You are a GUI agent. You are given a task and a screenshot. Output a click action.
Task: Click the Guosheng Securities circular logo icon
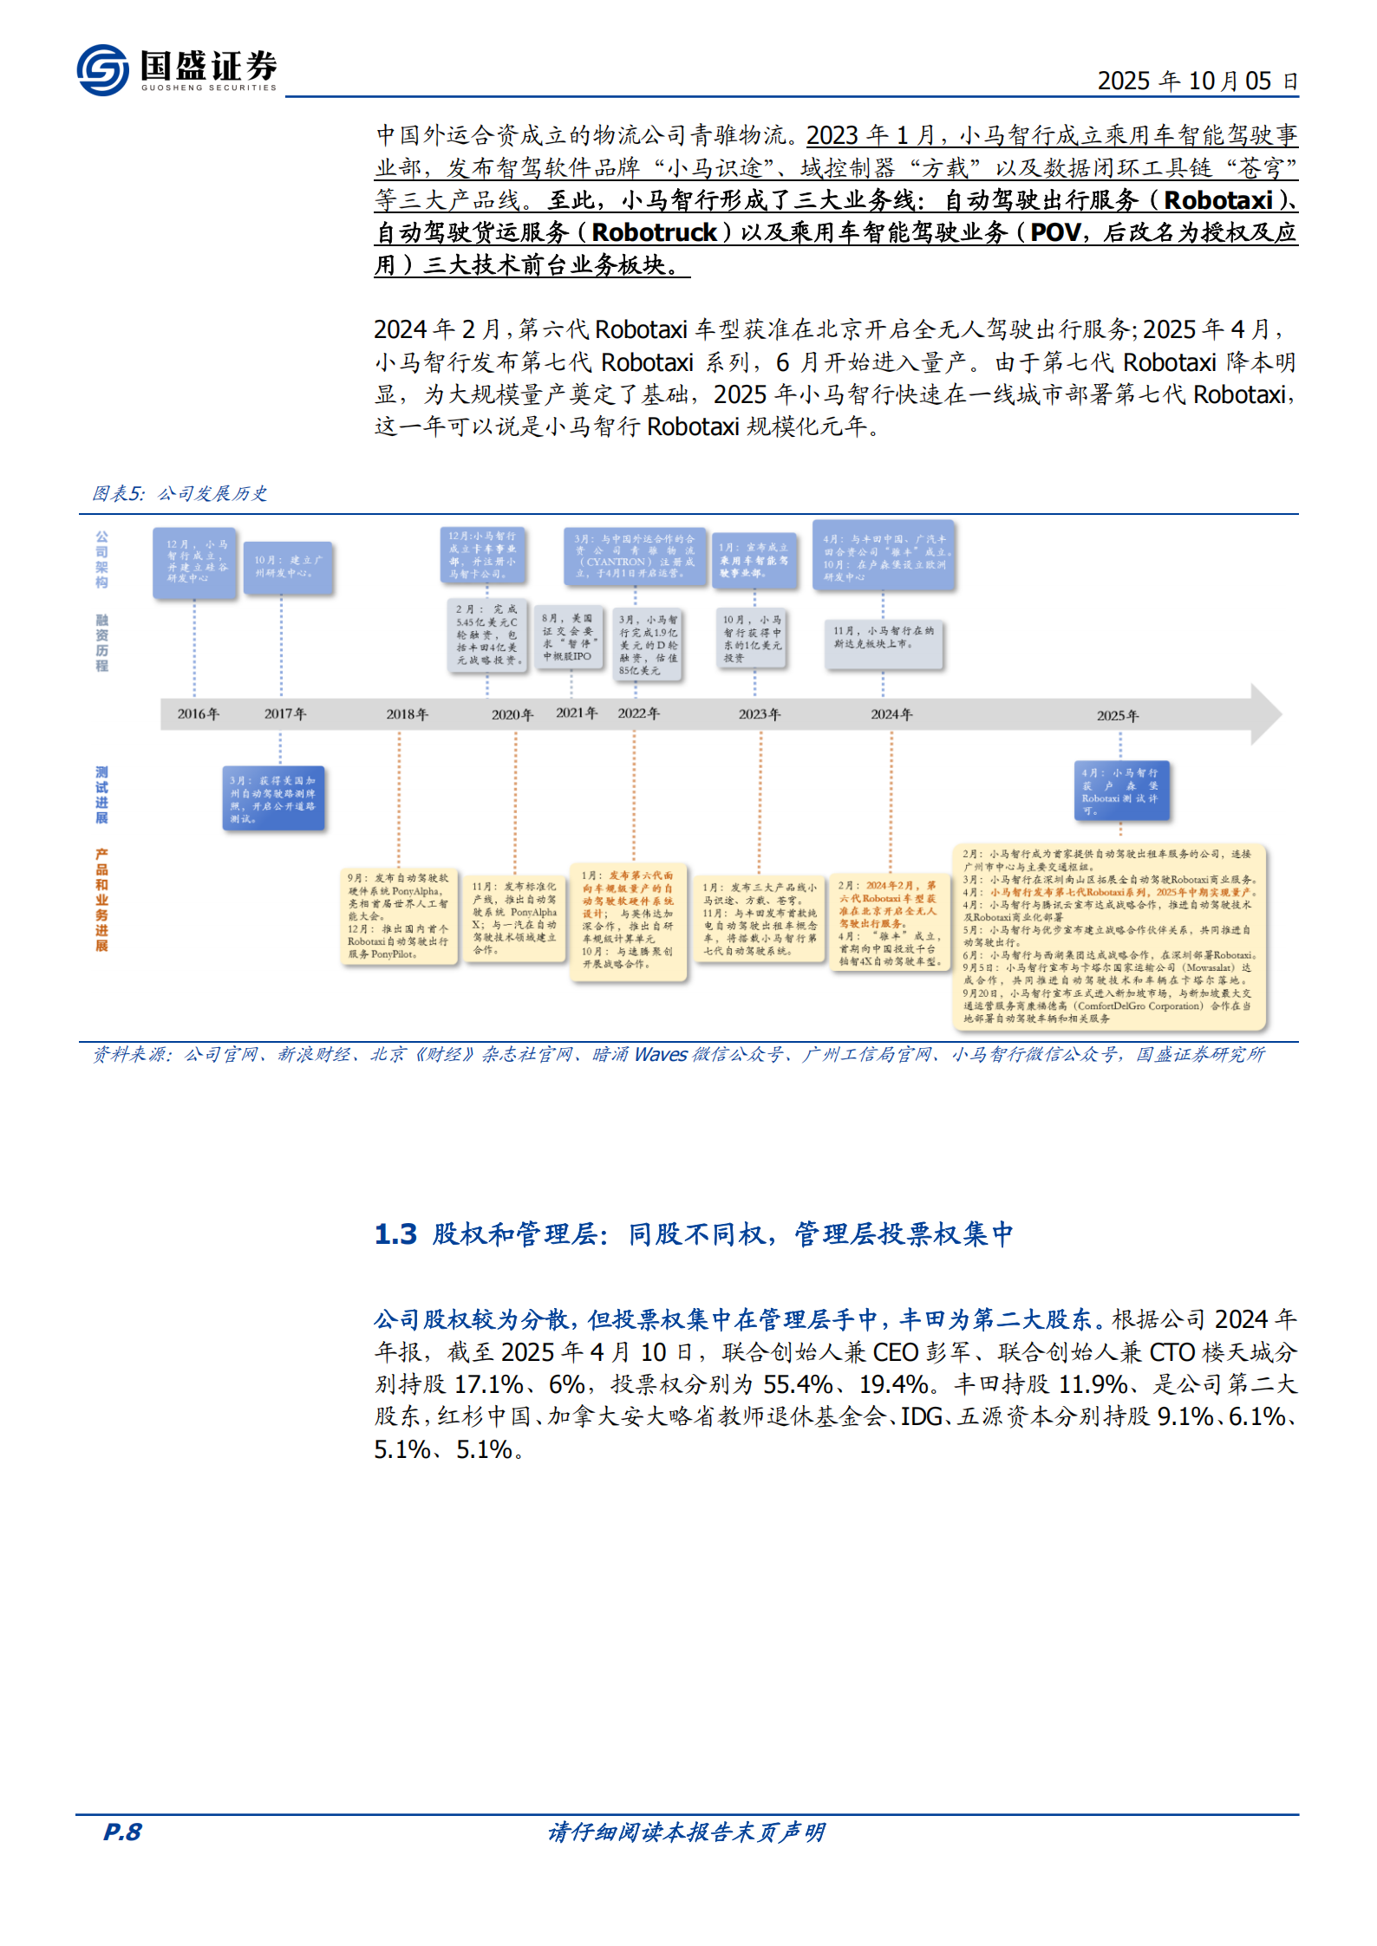102,70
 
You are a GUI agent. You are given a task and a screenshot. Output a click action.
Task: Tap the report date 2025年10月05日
1197,81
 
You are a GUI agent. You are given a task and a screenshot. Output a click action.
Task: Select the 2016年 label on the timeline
198,714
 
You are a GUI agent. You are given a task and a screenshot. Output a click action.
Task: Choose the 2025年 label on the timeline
1117,716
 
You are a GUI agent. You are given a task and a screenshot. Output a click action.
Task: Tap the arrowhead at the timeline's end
1266,714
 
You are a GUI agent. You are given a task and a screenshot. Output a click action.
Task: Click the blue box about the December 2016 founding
195,562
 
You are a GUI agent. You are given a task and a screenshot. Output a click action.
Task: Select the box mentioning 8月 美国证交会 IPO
569,637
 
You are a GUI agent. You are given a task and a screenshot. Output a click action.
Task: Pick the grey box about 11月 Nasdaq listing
883,643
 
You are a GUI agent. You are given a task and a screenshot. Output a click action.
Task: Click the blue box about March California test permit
273,798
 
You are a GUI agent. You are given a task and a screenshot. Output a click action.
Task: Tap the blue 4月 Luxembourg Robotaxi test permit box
1121,791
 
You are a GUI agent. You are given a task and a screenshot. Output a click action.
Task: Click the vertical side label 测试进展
101,795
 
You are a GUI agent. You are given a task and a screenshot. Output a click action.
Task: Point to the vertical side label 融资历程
101,642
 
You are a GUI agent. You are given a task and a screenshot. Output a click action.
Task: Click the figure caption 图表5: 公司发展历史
179,493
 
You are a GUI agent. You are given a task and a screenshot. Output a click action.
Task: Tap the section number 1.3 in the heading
395,1233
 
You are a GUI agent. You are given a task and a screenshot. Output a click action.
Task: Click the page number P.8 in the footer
122,1832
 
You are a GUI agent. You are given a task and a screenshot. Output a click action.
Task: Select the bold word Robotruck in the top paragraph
655,232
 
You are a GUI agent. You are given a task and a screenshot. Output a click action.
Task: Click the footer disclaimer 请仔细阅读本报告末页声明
686,1832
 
